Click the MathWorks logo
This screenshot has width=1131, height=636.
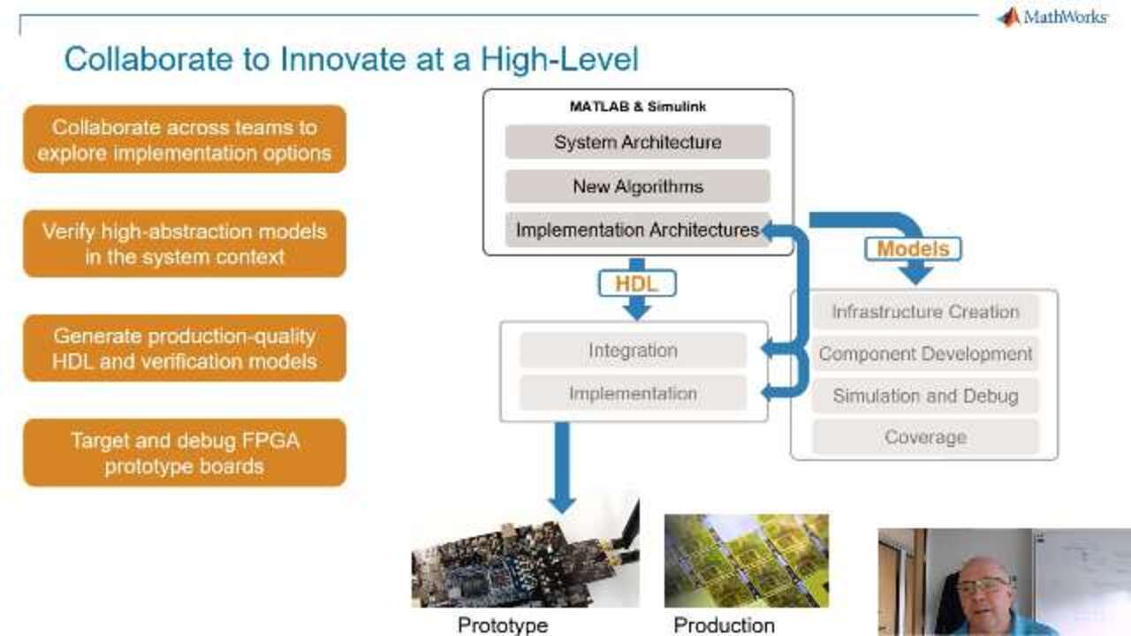point(1052,17)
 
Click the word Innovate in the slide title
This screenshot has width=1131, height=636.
point(343,59)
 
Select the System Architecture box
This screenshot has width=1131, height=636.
point(638,142)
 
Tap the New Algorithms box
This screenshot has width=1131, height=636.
point(638,186)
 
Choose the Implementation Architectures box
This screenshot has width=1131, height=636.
point(638,230)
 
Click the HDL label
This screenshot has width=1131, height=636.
point(637,284)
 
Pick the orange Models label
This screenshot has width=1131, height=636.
point(913,249)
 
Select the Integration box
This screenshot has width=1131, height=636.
point(634,351)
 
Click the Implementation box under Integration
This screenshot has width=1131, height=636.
point(634,393)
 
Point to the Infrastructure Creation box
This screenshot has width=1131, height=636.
point(925,312)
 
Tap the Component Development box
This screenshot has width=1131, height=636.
point(925,354)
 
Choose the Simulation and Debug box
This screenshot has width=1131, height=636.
point(925,396)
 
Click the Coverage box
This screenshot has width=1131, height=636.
point(925,437)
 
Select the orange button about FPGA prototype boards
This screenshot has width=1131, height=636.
point(185,453)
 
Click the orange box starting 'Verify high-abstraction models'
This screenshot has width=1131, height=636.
point(185,244)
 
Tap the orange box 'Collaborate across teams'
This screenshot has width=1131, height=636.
point(185,140)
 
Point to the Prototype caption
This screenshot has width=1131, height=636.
point(503,625)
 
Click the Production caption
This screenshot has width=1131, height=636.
point(724,625)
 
